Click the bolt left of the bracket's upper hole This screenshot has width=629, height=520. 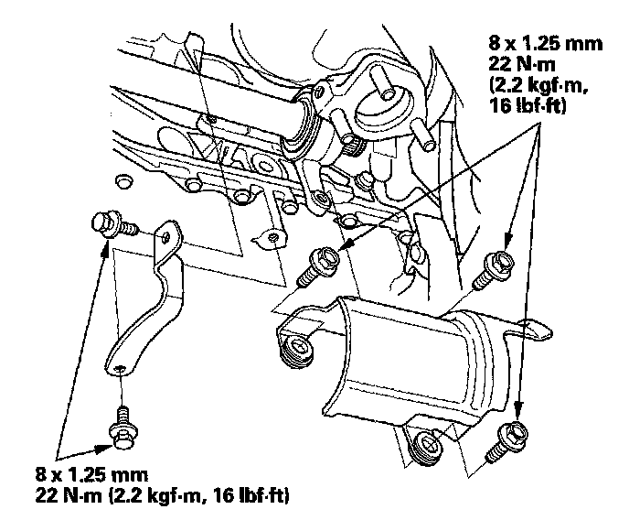(107, 222)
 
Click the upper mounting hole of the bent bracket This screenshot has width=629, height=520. (165, 236)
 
